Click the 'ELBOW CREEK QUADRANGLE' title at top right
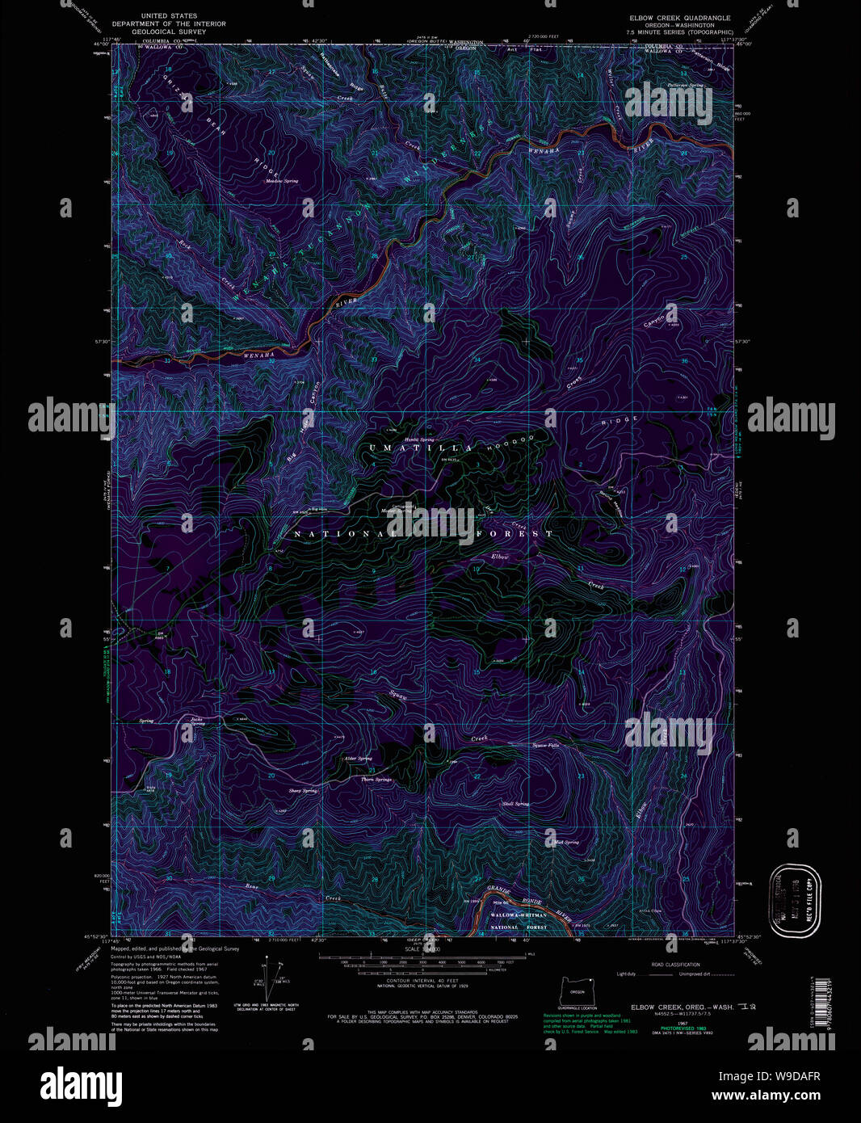[680, 18]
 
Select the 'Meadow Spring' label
[282, 181]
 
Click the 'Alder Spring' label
[358, 759]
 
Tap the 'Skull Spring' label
[515, 804]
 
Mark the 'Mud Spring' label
[566, 842]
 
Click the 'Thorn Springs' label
[376, 780]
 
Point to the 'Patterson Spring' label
[686, 85]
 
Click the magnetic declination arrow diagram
[271, 978]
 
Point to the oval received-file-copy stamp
[795, 900]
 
